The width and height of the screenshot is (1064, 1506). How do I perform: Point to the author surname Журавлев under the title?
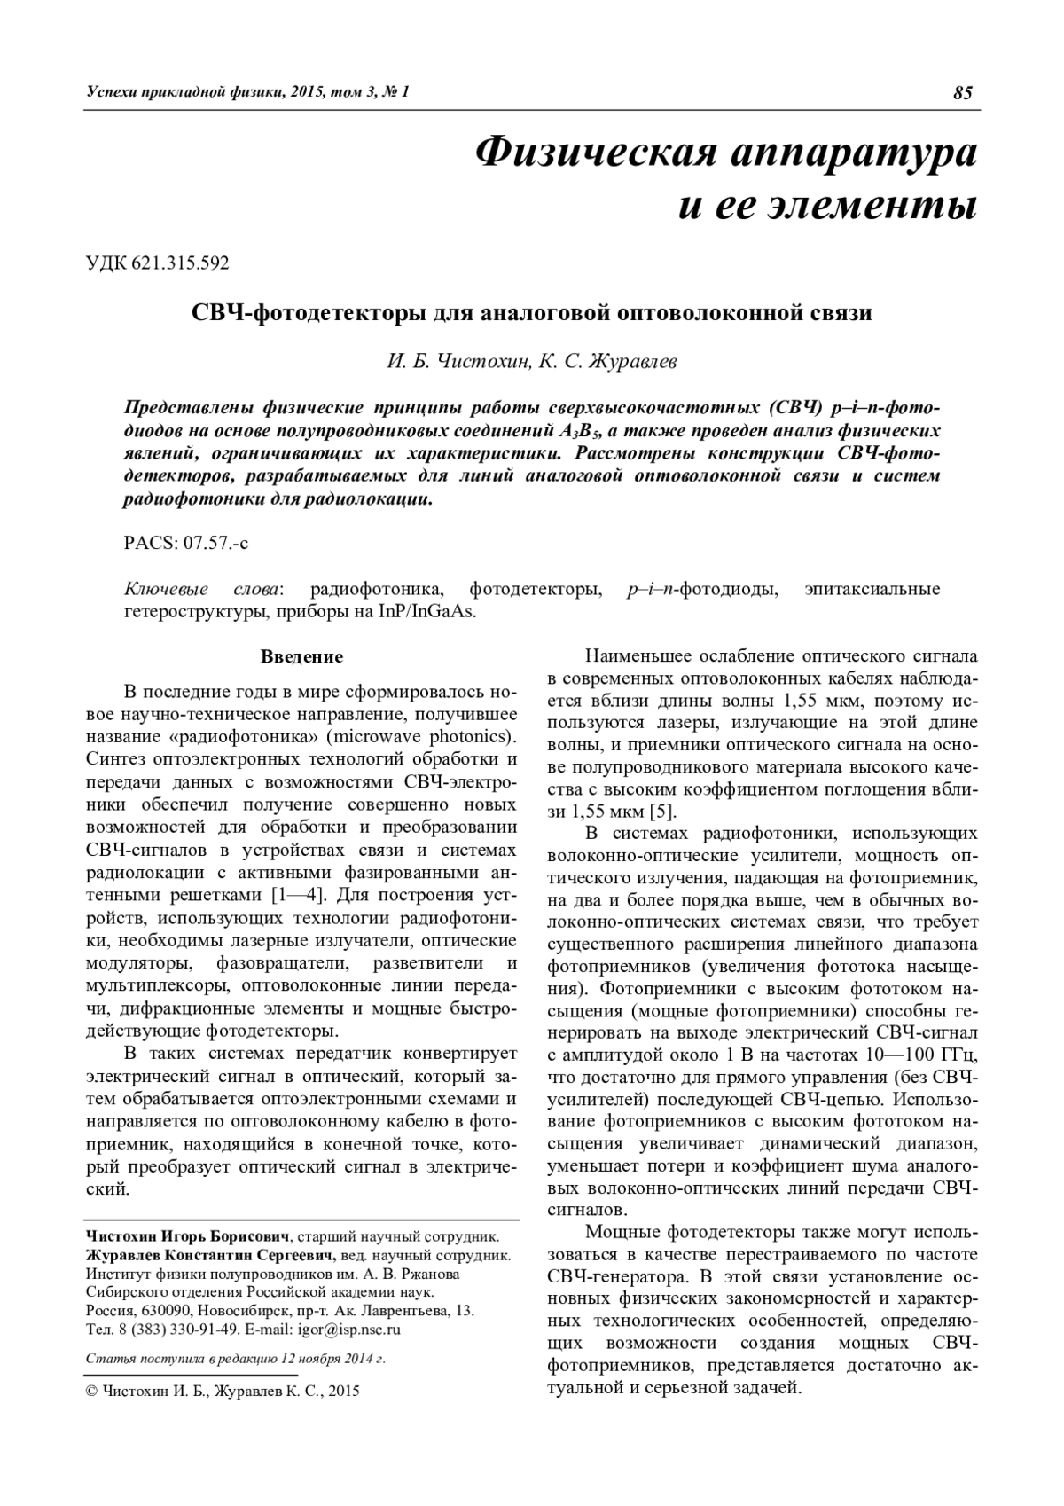(x=638, y=361)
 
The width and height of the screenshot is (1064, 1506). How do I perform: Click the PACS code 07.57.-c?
(x=211, y=544)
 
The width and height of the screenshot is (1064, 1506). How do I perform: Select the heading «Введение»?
(x=301, y=657)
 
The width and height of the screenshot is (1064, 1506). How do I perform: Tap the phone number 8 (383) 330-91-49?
(x=170, y=1330)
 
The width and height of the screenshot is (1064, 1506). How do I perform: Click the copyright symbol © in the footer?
(x=90, y=1392)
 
